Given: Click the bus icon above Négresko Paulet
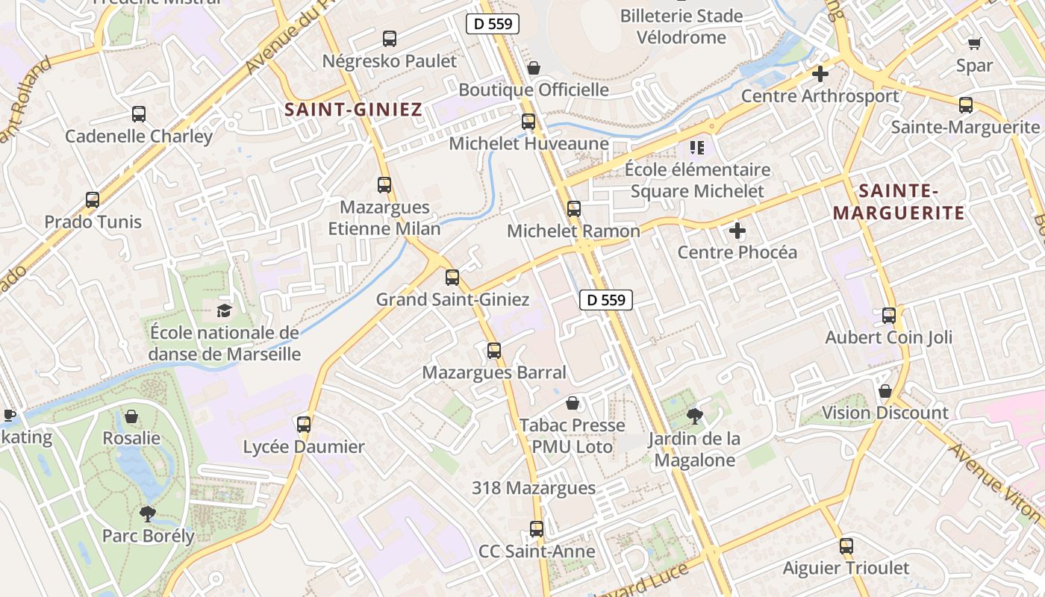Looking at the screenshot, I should click(x=389, y=39).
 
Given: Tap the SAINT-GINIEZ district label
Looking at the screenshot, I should click(x=353, y=110).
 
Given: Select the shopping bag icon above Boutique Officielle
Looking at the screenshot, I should click(x=534, y=68).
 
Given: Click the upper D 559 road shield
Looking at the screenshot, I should click(x=493, y=24).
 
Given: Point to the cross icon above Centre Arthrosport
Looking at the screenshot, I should click(x=820, y=74).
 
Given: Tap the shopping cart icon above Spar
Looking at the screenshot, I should click(x=974, y=43).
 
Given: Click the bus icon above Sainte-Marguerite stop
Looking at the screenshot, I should click(x=966, y=105).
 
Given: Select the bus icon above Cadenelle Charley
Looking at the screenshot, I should click(x=139, y=114).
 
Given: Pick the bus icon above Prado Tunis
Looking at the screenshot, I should click(x=93, y=200).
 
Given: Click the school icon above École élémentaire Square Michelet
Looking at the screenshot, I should click(x=697, y=148).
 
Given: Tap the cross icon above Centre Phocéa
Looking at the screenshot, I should click(x=737, y=231).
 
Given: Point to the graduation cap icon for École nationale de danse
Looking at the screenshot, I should click(x=224, y=310).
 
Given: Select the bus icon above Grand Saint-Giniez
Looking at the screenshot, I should click(x=452, y=278).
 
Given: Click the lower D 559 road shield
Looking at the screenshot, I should click(x=606, y=300).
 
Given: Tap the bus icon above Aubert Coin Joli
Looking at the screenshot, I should click(x=889, y=316).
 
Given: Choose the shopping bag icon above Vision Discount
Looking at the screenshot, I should click(x=885, y=391).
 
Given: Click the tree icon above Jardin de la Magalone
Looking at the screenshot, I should click(x=694, y=416).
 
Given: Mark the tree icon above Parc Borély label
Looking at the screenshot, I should click(x=148, y=513).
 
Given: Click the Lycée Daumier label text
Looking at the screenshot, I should click(x=304, y=447).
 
